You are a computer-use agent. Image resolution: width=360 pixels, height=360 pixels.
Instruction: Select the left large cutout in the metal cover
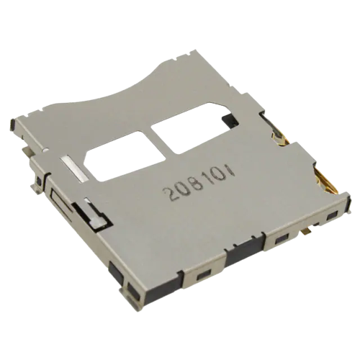coord(125,156)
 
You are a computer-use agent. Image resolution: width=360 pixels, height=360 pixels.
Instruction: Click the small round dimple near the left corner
coord(45,150)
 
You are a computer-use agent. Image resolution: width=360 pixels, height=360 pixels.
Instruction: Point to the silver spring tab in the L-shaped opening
coord(95,214)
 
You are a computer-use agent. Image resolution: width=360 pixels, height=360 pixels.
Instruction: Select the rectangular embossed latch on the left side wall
coord(60,202)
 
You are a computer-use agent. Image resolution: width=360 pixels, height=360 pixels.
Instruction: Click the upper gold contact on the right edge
coord(280,138)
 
